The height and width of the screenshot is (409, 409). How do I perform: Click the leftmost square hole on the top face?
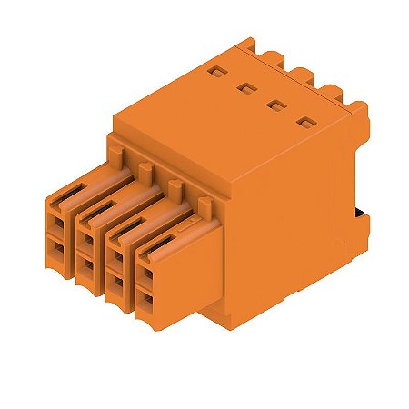point(214,70)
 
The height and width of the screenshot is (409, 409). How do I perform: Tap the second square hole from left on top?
point(244,87)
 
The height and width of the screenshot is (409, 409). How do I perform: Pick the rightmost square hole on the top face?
point(304,121)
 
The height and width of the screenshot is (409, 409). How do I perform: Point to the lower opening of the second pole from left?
point(85,267)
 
